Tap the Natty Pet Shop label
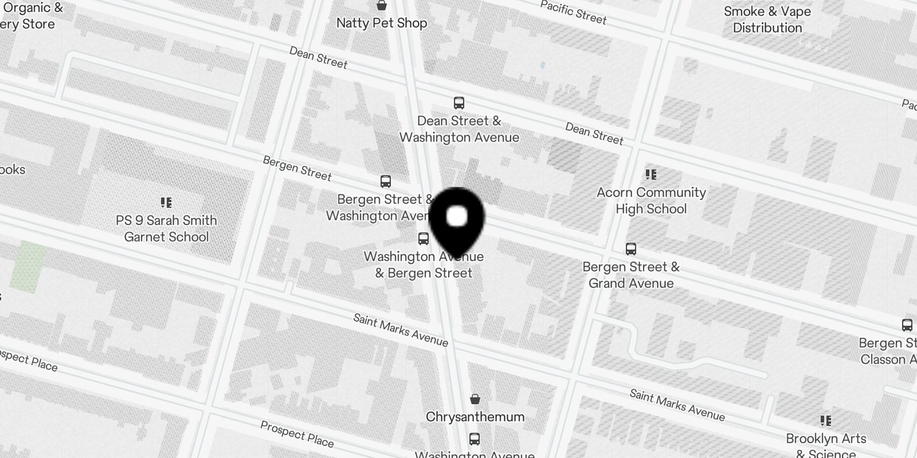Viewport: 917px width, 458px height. (382, 23)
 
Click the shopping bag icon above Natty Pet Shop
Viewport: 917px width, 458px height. (382, 6)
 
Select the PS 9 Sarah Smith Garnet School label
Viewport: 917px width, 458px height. (166, 228)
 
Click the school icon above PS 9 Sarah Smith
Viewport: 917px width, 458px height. (166, 203)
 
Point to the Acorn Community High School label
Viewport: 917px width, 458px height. (651, 200)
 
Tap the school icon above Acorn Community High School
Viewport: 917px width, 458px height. (650, 175)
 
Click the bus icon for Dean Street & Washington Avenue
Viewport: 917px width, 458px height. (458, 103)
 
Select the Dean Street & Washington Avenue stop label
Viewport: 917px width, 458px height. (459, 129)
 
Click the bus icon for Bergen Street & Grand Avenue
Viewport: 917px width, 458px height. (631, 249)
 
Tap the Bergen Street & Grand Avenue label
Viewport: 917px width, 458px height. (631, 275)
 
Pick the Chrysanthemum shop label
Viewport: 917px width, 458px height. (475, 417)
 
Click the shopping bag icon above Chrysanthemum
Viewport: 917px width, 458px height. (475, 399)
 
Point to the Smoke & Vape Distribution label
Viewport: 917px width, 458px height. (767, 19)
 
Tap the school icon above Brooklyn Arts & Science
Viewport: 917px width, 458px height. (826, 421)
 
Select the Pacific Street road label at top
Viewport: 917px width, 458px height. (573, 13)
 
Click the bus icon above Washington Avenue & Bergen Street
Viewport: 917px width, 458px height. (424, 239)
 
